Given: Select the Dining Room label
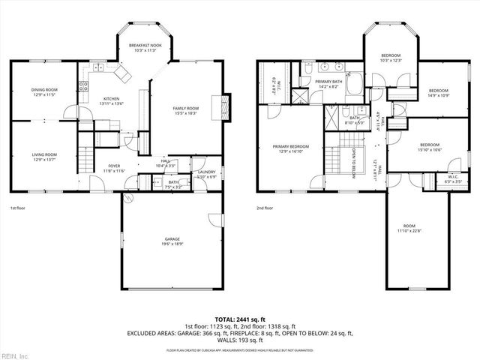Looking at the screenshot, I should tap(44, 93).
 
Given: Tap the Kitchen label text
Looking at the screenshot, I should tap(112, 101).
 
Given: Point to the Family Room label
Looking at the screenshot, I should tap(186, 111).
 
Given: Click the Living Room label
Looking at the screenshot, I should tap(44, 157).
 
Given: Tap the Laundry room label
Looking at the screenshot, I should tap(206, 175).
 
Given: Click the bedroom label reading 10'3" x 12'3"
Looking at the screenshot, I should tap(391, 58).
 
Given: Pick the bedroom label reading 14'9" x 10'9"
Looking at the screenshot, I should tap(438, 93).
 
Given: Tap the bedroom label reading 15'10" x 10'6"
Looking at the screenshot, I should tap(429, 147).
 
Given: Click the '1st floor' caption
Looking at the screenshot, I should tap(19, 208).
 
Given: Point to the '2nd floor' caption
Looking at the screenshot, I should tap(265, 208).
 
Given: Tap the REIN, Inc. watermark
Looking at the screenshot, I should tap(16, 354).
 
